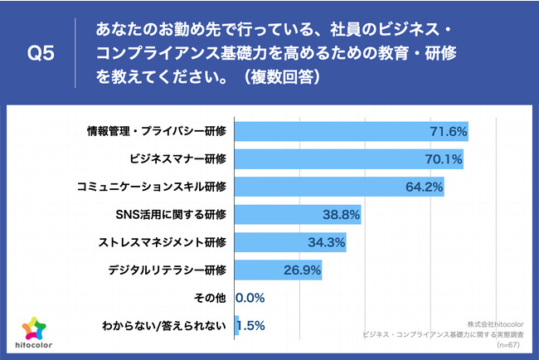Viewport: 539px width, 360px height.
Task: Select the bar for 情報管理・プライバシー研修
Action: (x=352, y=132)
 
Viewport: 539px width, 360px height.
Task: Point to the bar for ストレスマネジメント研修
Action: (x=291, y=242)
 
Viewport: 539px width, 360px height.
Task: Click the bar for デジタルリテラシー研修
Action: (x=279, y=270)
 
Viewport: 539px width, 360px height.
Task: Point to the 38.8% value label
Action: (x=341, y=215)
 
